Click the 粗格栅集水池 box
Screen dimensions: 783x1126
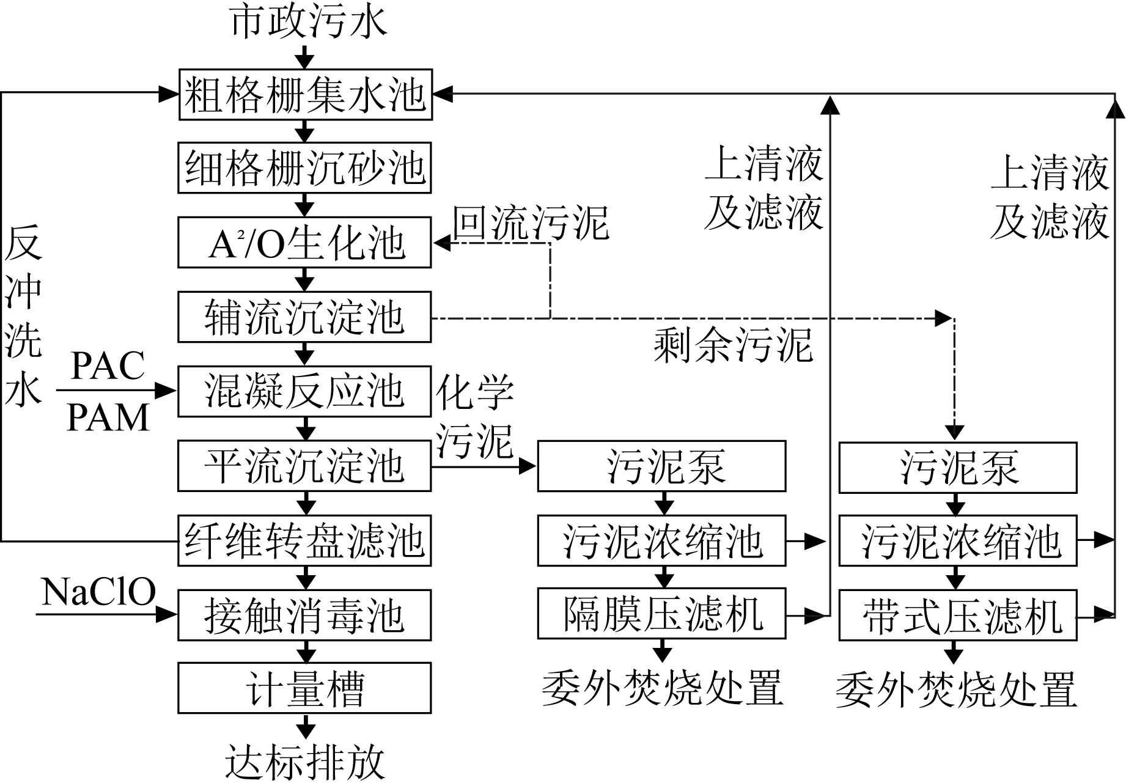click(305, 95)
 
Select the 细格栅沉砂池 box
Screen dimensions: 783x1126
click(304, 168)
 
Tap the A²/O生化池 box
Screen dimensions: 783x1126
click(304, 243)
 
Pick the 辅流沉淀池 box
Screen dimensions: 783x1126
click(304, 317)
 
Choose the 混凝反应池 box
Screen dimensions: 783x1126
click(304, 391)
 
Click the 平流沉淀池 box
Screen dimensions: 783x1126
click(304, 466)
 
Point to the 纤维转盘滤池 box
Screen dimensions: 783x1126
click(304, 540)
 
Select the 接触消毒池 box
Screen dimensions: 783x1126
click(304, 615)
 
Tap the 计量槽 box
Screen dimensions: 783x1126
click(304, 688)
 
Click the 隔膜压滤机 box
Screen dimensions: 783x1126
click(661, 614)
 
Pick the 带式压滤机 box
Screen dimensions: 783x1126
click(957, 615)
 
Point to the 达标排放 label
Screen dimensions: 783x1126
click(304, 762)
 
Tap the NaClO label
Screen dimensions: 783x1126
click(98, 592)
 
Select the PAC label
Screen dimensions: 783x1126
click(108, 366)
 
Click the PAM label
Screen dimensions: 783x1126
click(108, 417)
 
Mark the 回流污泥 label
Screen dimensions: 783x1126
click(531, 222)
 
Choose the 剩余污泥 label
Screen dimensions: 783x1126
click(733, 345)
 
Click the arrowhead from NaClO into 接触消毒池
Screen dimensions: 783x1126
click(167, 614)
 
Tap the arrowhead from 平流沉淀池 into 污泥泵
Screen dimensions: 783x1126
click(527, 466)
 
